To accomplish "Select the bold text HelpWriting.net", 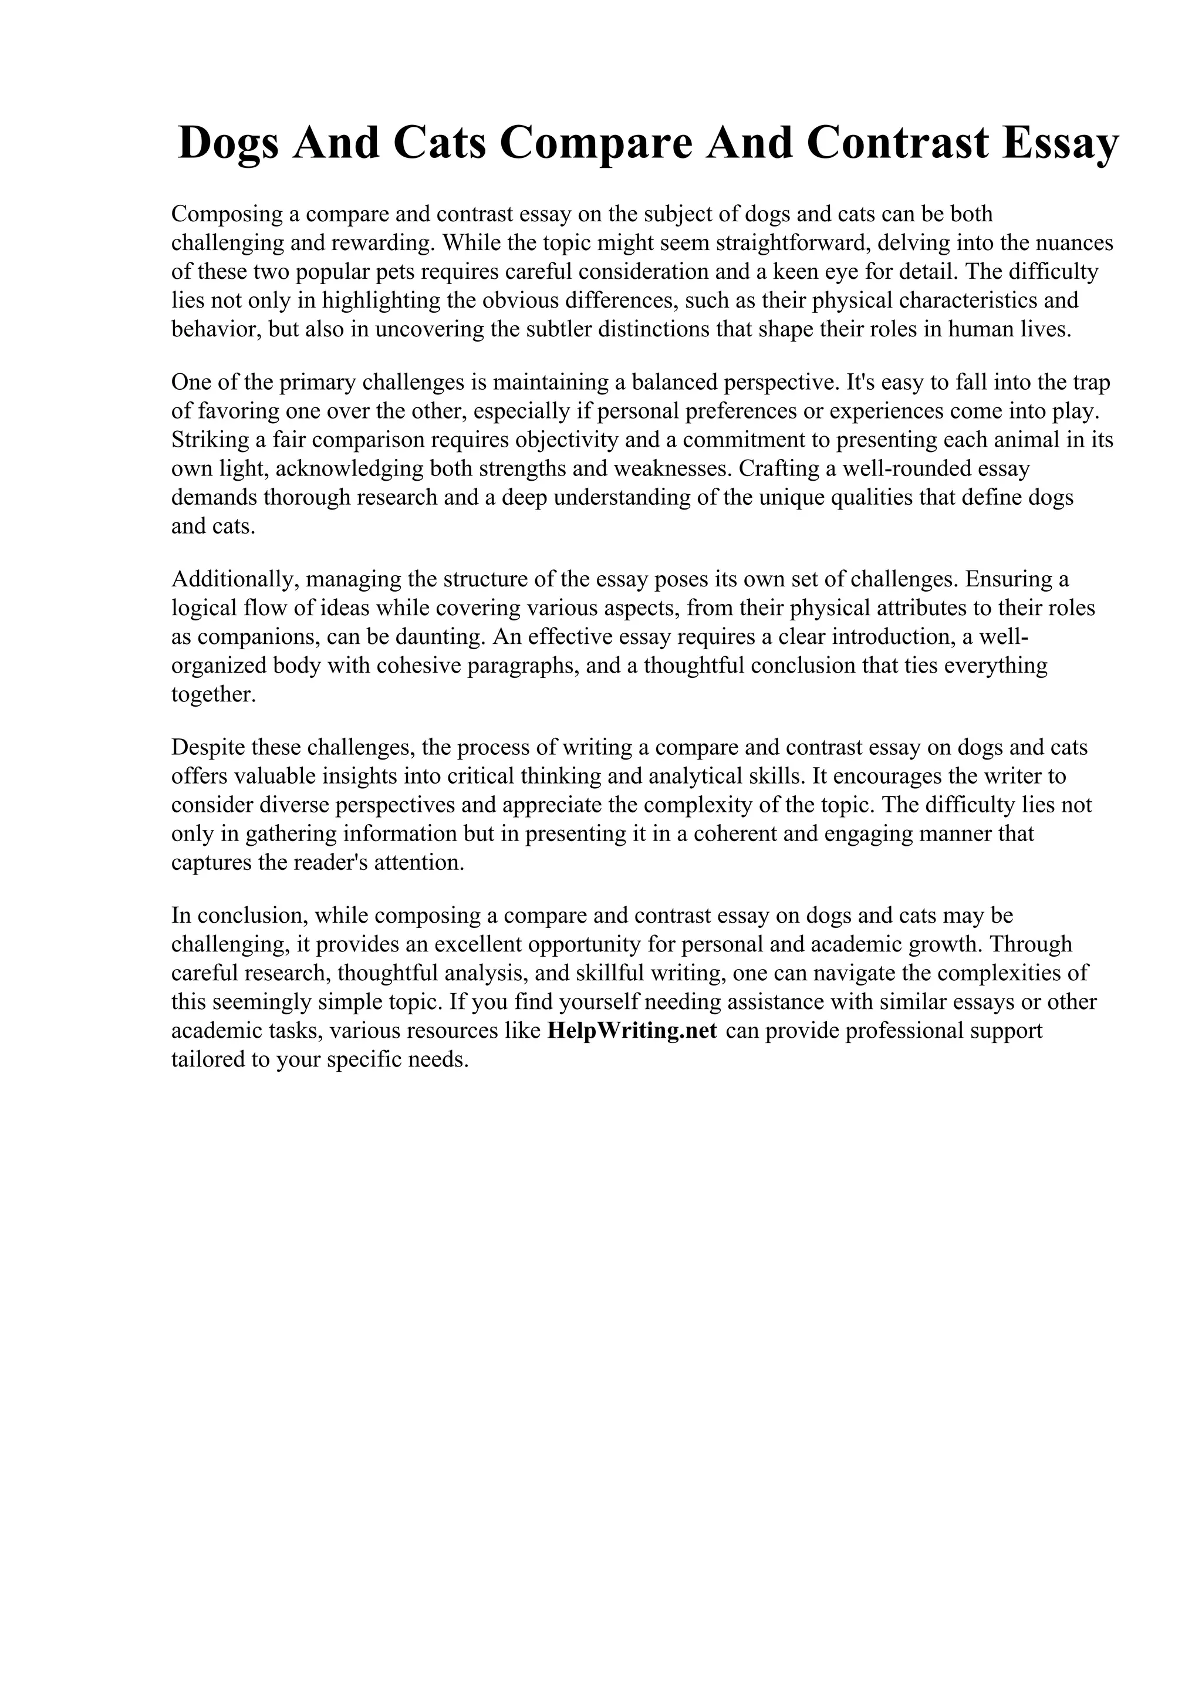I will [x=632, y=1031].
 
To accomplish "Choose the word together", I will [x=213, y=694].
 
